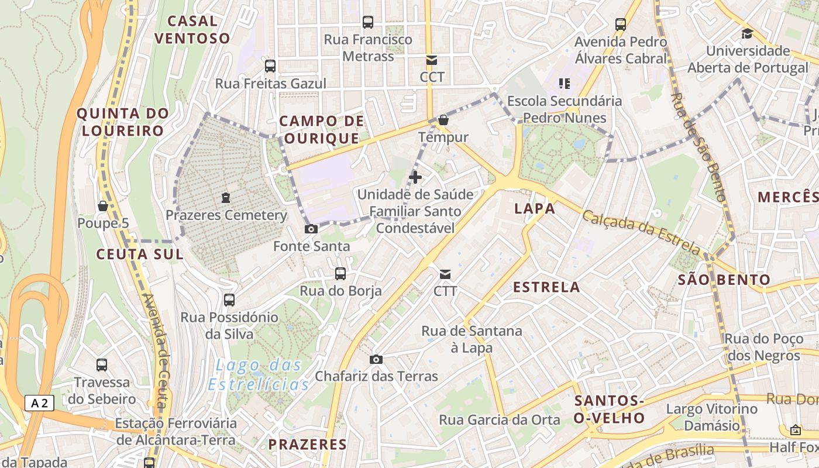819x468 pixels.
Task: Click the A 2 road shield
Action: pos(39,403)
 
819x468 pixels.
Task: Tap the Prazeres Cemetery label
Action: pos(226,215)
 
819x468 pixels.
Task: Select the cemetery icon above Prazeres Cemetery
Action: pos(226,198)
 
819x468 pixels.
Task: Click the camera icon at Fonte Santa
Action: pos(311,229)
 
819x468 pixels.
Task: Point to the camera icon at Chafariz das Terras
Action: pos(376,359)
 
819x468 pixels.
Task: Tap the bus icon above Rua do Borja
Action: pos(340,273)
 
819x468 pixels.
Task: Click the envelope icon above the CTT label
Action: pos(445,274)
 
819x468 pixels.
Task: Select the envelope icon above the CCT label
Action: pos(432,60)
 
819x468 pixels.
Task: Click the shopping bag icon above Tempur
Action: pos(443,120)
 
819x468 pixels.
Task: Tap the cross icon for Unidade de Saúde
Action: pos(415,177)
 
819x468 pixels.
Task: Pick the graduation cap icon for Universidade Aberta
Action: pos(747,33)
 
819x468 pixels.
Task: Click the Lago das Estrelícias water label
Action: pos(259,375)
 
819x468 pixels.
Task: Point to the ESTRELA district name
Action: pos(546,287)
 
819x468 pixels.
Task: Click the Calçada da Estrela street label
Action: pos(641,233)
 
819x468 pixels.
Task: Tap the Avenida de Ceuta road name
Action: pos(156,351)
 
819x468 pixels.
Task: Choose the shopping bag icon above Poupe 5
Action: pos(103,206)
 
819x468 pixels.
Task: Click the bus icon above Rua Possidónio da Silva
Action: pos(229,300)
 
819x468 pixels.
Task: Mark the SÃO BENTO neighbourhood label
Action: pos(724,280)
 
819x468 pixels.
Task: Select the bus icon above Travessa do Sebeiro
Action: pos(102,365)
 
